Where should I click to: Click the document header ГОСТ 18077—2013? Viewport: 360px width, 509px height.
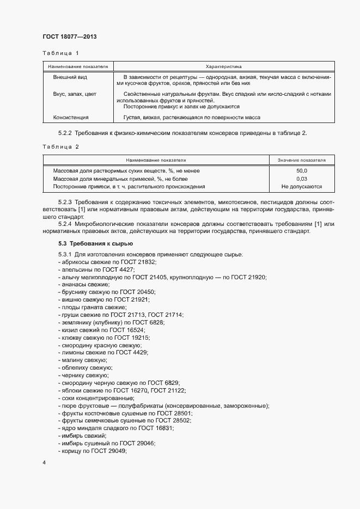tap(69, 37)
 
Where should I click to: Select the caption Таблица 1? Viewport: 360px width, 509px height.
tap(60, 53)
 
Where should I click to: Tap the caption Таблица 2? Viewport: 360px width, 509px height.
tap(60, 147)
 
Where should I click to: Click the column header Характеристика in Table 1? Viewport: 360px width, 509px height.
tap(223, 66)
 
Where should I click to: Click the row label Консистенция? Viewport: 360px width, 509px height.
tap(71, 117)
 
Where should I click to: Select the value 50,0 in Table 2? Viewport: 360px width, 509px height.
tap(301, 171)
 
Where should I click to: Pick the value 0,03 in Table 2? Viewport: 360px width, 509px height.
tap(301, 179)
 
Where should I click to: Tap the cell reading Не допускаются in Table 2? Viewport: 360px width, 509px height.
tap(301, 187)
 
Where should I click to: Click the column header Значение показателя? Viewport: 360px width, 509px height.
tap(301, 161)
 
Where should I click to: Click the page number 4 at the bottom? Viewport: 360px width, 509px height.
tap(44, 463)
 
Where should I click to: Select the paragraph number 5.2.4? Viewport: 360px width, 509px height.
tap(66, 224)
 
